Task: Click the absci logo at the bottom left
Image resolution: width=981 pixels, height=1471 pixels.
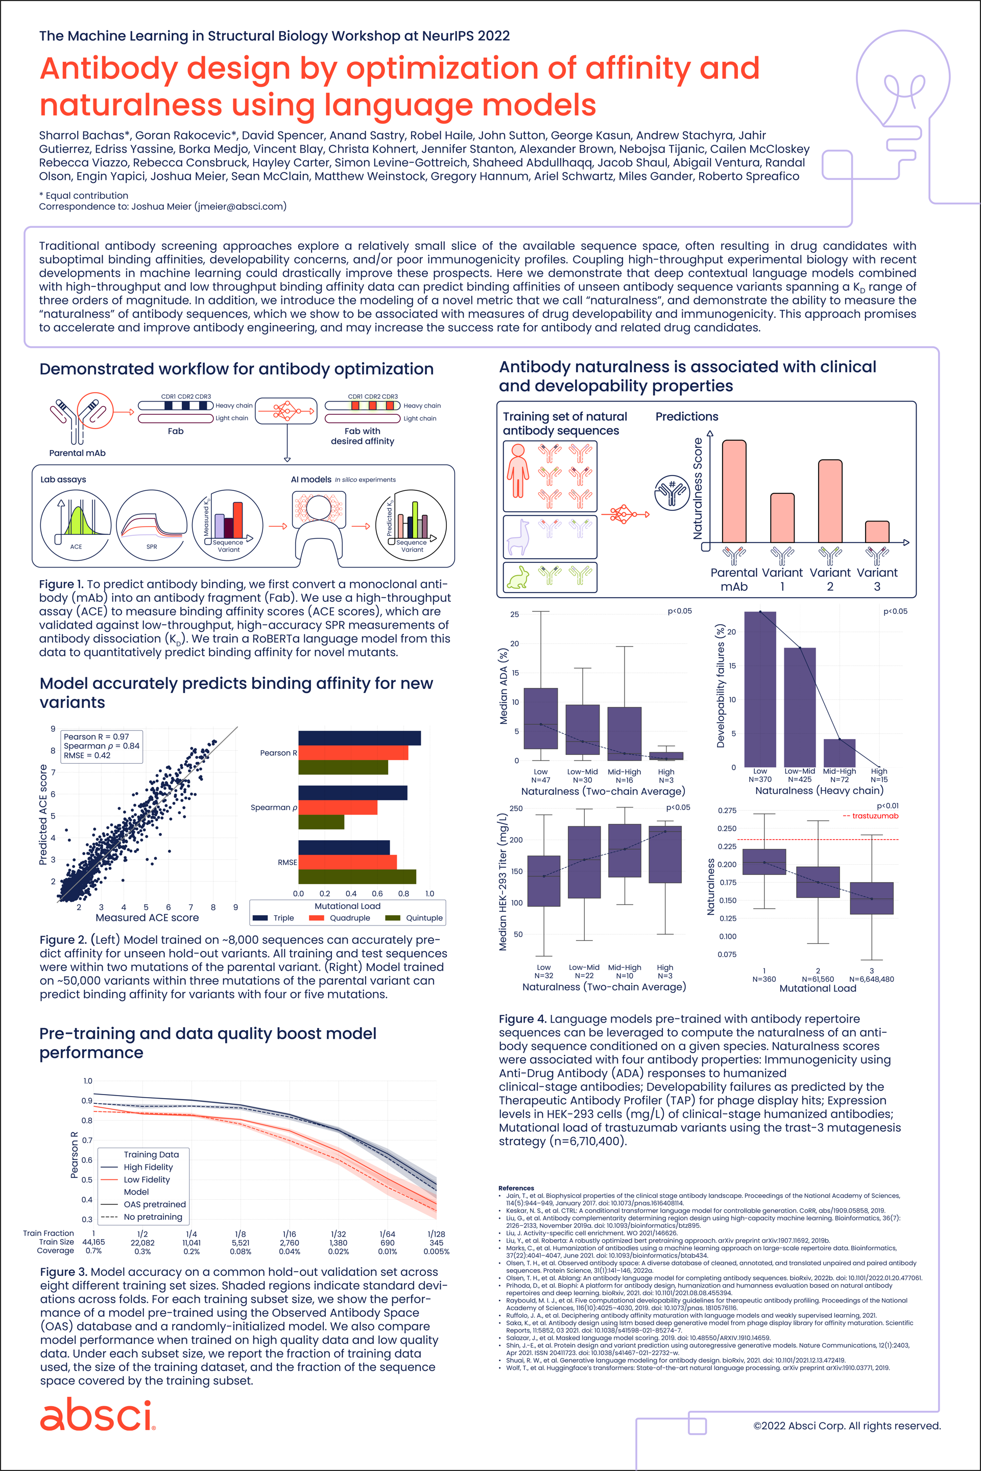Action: (97, 1416)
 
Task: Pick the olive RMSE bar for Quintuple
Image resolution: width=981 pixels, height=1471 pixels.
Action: (356, 876)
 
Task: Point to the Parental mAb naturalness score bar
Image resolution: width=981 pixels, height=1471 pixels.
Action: (734, 491)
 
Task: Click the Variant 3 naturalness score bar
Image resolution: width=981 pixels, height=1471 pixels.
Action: (876, 532)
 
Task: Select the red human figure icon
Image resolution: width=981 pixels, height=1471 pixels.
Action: (517, 470)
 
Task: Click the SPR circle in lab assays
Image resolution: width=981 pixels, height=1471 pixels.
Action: (151, 525)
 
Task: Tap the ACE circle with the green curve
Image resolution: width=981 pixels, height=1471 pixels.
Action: (76, 525)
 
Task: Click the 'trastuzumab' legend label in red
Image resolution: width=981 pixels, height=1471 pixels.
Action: (875, 816)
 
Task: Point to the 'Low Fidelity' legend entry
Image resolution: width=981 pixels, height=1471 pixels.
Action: (147, 1179)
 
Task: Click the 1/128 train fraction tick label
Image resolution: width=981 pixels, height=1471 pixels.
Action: (436, 1234)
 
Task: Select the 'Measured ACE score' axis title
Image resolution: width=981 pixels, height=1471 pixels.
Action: (147, 918)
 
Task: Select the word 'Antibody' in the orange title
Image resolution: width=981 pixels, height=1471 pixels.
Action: (109, 69)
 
